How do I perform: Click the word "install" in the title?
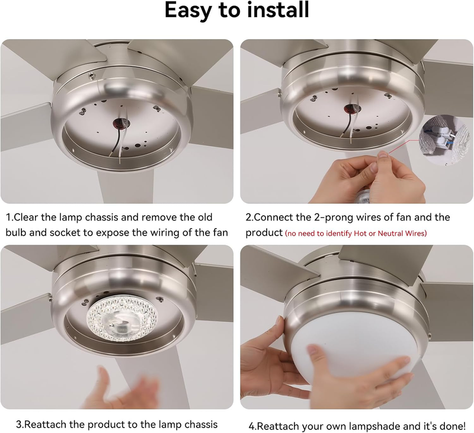[x=278, y=9]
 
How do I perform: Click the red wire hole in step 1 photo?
[x=121, y=123]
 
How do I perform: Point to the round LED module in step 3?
[x=123, y=319]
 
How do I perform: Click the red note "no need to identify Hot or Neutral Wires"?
[x=356, y=233]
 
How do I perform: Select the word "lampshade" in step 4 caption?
[x=374, y=426]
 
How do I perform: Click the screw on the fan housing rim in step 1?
[x=90, y=75]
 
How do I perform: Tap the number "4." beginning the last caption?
[x=253, y=426]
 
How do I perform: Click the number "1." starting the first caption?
[x=10, y=217]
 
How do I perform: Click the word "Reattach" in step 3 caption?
[x=46, y=425]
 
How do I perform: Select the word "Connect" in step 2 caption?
[x=274, y=217]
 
